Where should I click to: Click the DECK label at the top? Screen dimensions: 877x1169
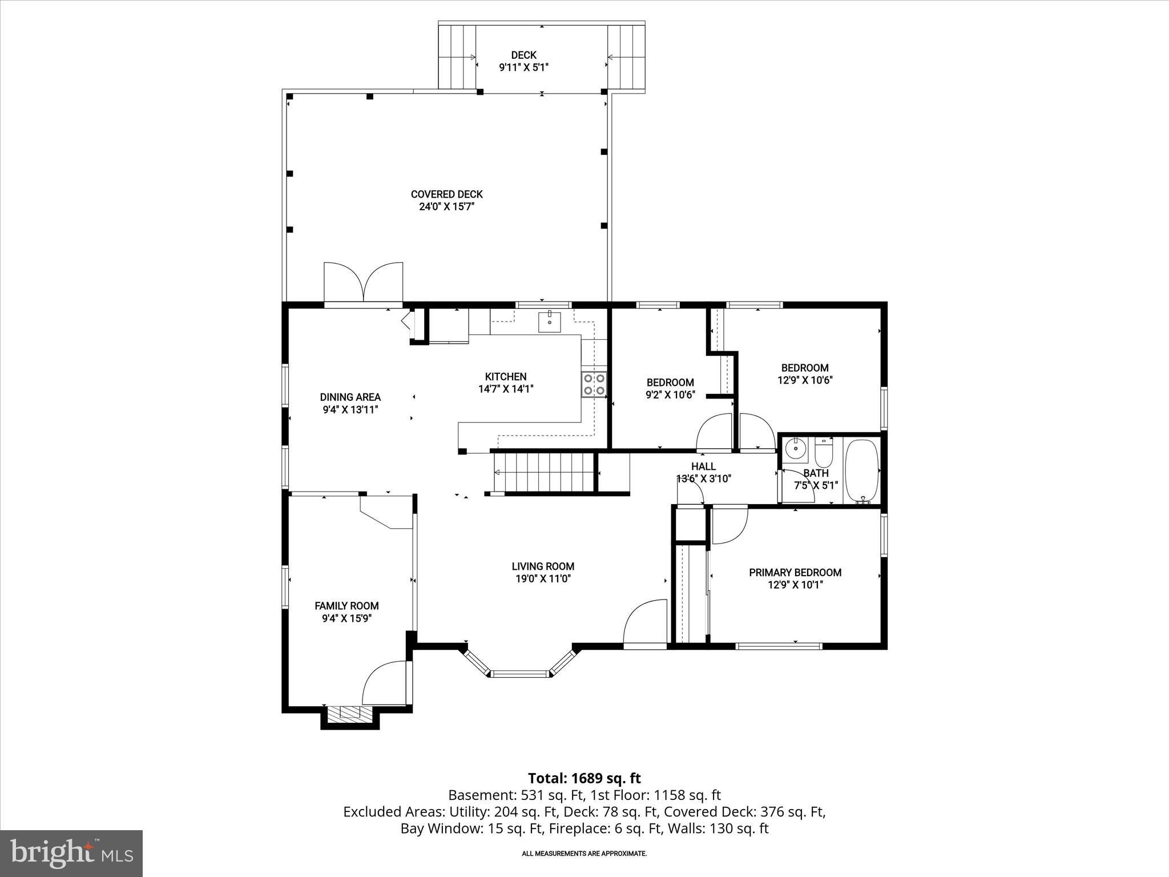point(523,55)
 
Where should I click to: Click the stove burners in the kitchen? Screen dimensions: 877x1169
point(594,384)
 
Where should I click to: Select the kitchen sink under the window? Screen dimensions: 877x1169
point(549,323)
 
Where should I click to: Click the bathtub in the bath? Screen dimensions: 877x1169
point(863,471)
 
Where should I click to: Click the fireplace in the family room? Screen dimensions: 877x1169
point(350,714)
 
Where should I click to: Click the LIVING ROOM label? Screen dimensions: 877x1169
point(543,566)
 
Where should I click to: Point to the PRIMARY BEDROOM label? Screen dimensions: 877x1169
point(795,572)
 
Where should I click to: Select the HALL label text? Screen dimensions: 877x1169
point(703,466)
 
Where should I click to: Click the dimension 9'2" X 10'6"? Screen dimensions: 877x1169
point(670,395)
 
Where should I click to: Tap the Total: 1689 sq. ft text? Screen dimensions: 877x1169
point(584,778)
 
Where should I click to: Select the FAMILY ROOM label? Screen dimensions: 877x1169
point(346,606)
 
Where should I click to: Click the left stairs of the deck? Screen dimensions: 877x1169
point(457,57)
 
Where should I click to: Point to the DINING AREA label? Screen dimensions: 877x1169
point(350,397)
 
